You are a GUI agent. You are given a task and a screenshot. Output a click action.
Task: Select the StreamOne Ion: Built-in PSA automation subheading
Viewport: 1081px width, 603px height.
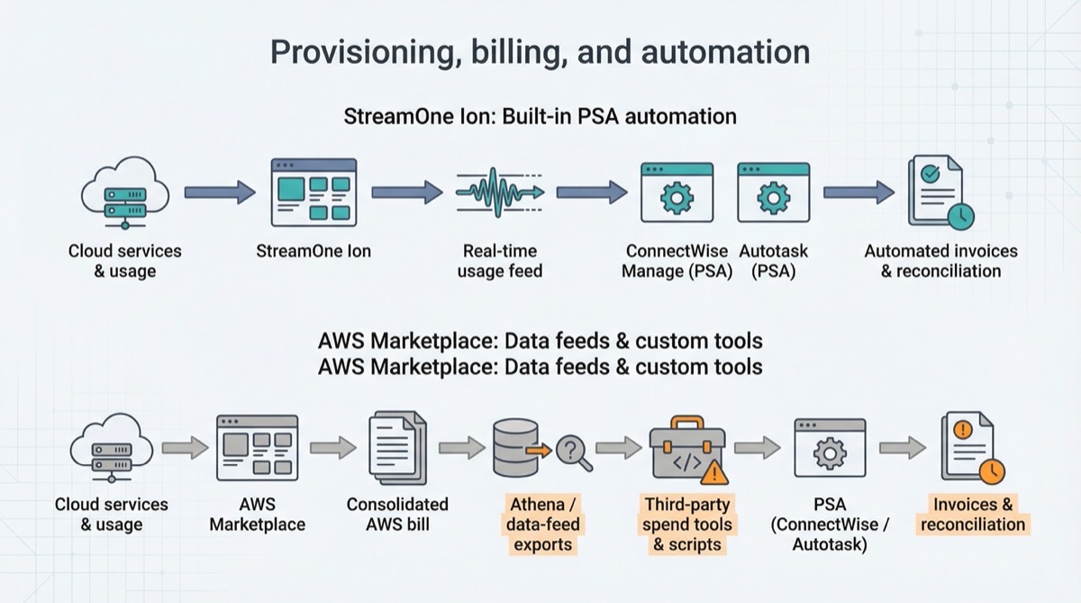540,116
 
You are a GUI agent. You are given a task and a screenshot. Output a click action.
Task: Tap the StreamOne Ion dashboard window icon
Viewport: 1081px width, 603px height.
313,192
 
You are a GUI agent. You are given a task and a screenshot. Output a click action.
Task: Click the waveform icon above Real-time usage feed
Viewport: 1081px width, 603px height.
499,191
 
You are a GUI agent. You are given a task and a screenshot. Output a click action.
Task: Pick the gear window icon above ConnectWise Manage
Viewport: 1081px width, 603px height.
677,192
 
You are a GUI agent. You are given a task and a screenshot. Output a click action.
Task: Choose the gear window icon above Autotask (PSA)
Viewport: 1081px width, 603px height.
773,192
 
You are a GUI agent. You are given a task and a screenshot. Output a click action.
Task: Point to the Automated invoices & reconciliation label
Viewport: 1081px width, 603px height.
940,261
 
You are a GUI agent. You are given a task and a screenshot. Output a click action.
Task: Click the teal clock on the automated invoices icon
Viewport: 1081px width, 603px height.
959,215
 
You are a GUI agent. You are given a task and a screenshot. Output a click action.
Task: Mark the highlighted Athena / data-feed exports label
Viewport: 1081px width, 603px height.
543,524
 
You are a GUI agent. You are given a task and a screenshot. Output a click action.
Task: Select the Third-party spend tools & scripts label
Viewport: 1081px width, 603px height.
687,524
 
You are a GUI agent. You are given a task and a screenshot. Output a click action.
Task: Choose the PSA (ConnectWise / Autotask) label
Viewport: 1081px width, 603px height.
829,525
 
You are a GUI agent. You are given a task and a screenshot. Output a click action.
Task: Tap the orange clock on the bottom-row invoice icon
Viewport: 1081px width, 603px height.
992,471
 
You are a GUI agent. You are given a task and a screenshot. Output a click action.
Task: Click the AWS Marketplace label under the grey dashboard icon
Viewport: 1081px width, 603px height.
257,514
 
